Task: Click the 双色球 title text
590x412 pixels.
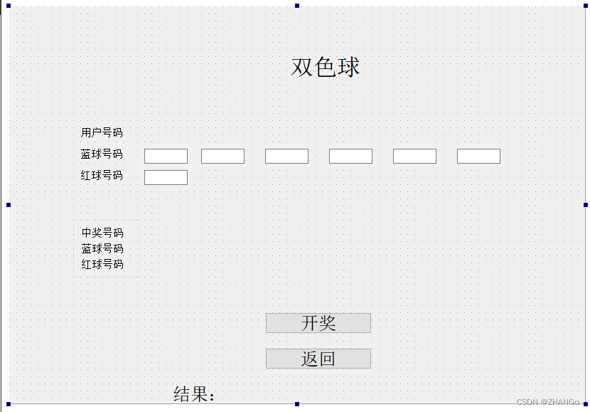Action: tap(326, 68)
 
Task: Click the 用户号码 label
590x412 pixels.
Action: tap(102, 132)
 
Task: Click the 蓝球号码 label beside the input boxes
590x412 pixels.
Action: tap(102, 154)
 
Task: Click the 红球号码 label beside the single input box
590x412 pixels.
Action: tap(102, 175)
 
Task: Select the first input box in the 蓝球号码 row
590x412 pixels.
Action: tap(166, 156)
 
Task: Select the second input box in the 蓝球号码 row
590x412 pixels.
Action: tap(222, 156)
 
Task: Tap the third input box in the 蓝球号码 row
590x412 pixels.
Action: tap(286, 156)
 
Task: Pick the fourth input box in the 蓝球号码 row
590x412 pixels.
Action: tap(350, 156)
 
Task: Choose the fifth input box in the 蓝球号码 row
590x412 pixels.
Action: tap(414, 156)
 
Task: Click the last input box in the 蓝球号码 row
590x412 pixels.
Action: tap(478, 156)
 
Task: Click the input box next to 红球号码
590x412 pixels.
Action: tap(166, 177)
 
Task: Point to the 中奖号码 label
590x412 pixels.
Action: tap(102, 233)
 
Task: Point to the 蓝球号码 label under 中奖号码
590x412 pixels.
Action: tap(102, 248)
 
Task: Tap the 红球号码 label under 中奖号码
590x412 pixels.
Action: tap(102, 264)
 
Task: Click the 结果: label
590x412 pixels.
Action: tap(194, 394)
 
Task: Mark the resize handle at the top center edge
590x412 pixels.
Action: tap(297, 6)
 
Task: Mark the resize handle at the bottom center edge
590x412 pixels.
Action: tap(297, 404)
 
